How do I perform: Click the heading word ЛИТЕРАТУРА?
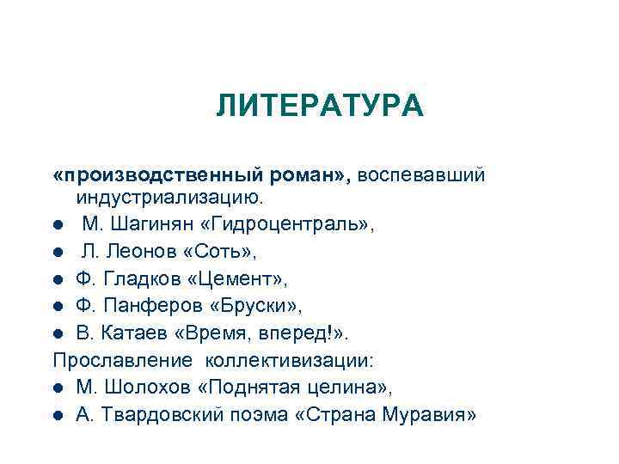320,107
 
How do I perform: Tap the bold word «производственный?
150,175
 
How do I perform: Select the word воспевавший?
422,175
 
